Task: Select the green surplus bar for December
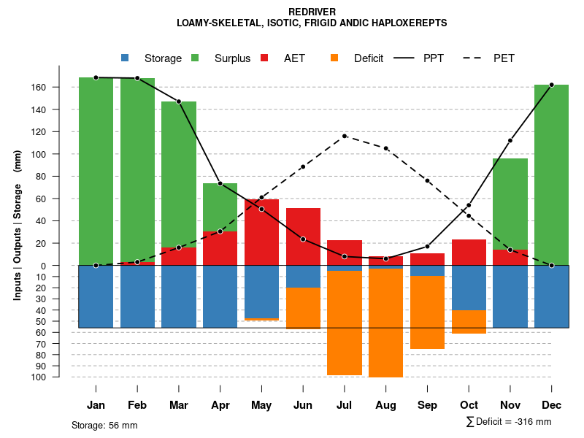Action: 551,174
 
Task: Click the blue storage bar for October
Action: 469,288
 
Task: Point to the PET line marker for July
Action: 345,136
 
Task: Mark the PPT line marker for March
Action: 179,101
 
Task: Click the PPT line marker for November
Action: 510,140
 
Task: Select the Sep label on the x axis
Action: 427,405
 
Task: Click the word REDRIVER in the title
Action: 312,12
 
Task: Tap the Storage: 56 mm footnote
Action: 104,425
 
